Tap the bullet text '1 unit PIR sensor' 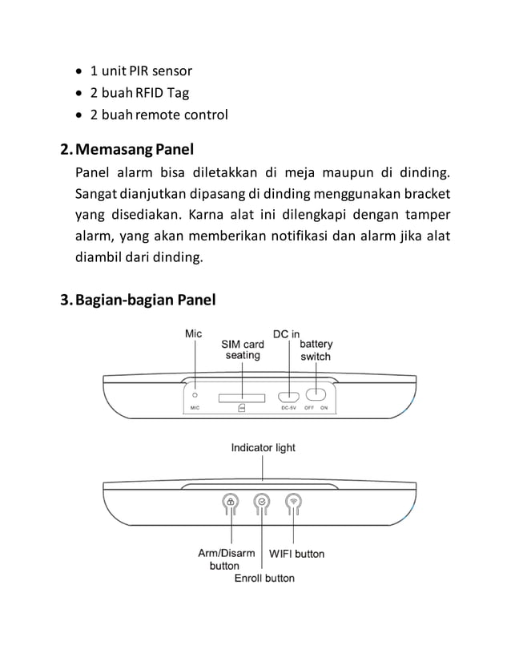(140, 71)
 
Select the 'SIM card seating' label (243, 349)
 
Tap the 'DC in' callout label (287, 333)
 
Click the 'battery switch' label (316, 350)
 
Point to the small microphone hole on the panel (195, 394)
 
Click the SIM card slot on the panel (242, 396)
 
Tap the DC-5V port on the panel (288, 396)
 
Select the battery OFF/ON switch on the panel (316, 395)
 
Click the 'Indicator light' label (263, 447)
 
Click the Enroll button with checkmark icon (262, 503)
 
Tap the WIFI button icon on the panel (294, 503)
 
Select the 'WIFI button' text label (296, 554)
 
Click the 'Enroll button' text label (264, 578)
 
